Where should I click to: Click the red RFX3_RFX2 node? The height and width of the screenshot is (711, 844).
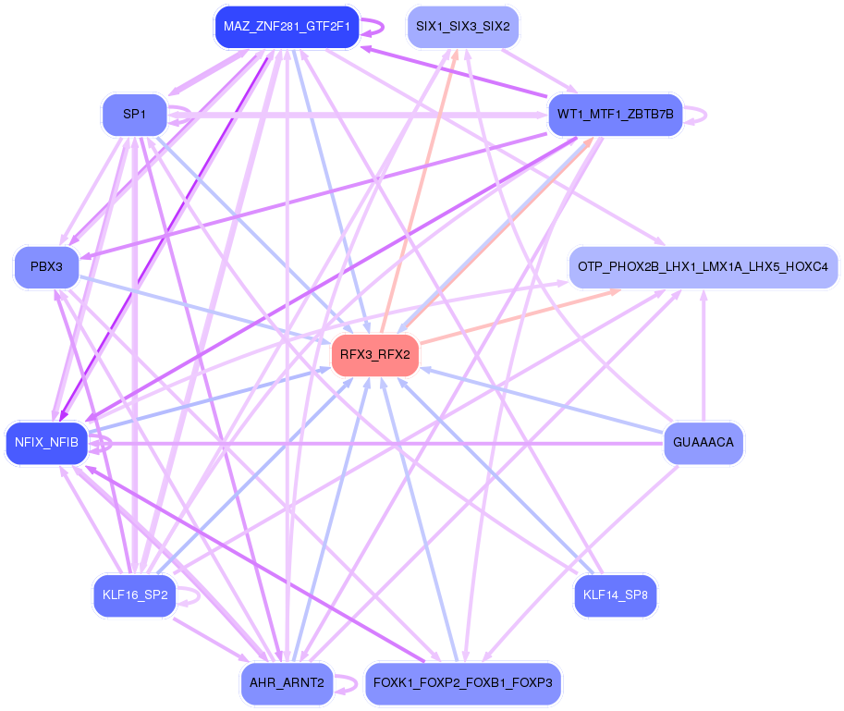(375, 355)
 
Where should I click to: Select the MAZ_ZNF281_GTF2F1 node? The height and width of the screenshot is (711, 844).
(287, 27)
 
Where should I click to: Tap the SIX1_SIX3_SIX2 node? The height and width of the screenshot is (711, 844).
(462, 27)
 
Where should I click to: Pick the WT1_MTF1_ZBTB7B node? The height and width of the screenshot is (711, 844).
(615, 116)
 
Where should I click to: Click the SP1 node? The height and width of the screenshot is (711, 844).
(134, 115)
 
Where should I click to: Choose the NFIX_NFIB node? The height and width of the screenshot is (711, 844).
(46, 444)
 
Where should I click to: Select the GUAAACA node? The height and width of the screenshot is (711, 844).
(703, 443)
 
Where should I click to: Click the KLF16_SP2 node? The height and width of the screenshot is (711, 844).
(134, 595)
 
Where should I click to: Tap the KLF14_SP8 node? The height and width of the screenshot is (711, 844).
(615, 595)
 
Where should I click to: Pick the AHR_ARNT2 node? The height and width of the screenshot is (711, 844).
(287, 684)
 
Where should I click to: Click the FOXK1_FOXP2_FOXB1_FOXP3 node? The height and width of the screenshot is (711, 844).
(462, 684)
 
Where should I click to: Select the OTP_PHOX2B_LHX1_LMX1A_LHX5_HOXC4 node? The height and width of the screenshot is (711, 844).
(703, 266)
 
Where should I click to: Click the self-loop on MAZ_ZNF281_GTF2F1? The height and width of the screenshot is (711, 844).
(374, 27)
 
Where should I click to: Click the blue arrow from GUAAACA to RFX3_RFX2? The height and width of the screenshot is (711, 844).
(545, 400)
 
